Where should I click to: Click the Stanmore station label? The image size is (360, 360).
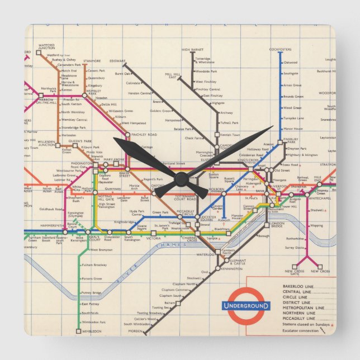[x=92, y=61]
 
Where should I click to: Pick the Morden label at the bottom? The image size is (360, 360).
[x=134, y=331]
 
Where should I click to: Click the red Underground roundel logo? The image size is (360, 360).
[x=245, y=305]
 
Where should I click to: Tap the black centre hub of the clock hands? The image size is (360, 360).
[x=181, y=179]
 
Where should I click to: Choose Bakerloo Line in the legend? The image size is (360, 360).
[x=299, y=287]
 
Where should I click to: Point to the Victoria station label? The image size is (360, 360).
[x=153, y=238]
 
